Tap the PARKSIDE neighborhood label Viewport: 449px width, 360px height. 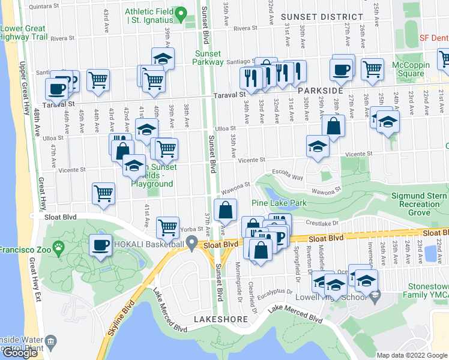[x=321, y=91]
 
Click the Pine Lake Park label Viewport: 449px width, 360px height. [x=279, y=203]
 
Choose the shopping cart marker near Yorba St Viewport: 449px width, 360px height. [x=167, y=227]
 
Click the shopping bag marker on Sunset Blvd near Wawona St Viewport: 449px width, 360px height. [x=225, y=211]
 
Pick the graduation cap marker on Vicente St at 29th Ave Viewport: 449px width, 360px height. [x=318, y=146]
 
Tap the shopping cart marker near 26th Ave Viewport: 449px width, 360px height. [x=372, y=69]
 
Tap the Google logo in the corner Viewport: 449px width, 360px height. [x=20, y=353]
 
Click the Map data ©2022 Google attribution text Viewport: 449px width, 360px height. [x=411, y=355]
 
